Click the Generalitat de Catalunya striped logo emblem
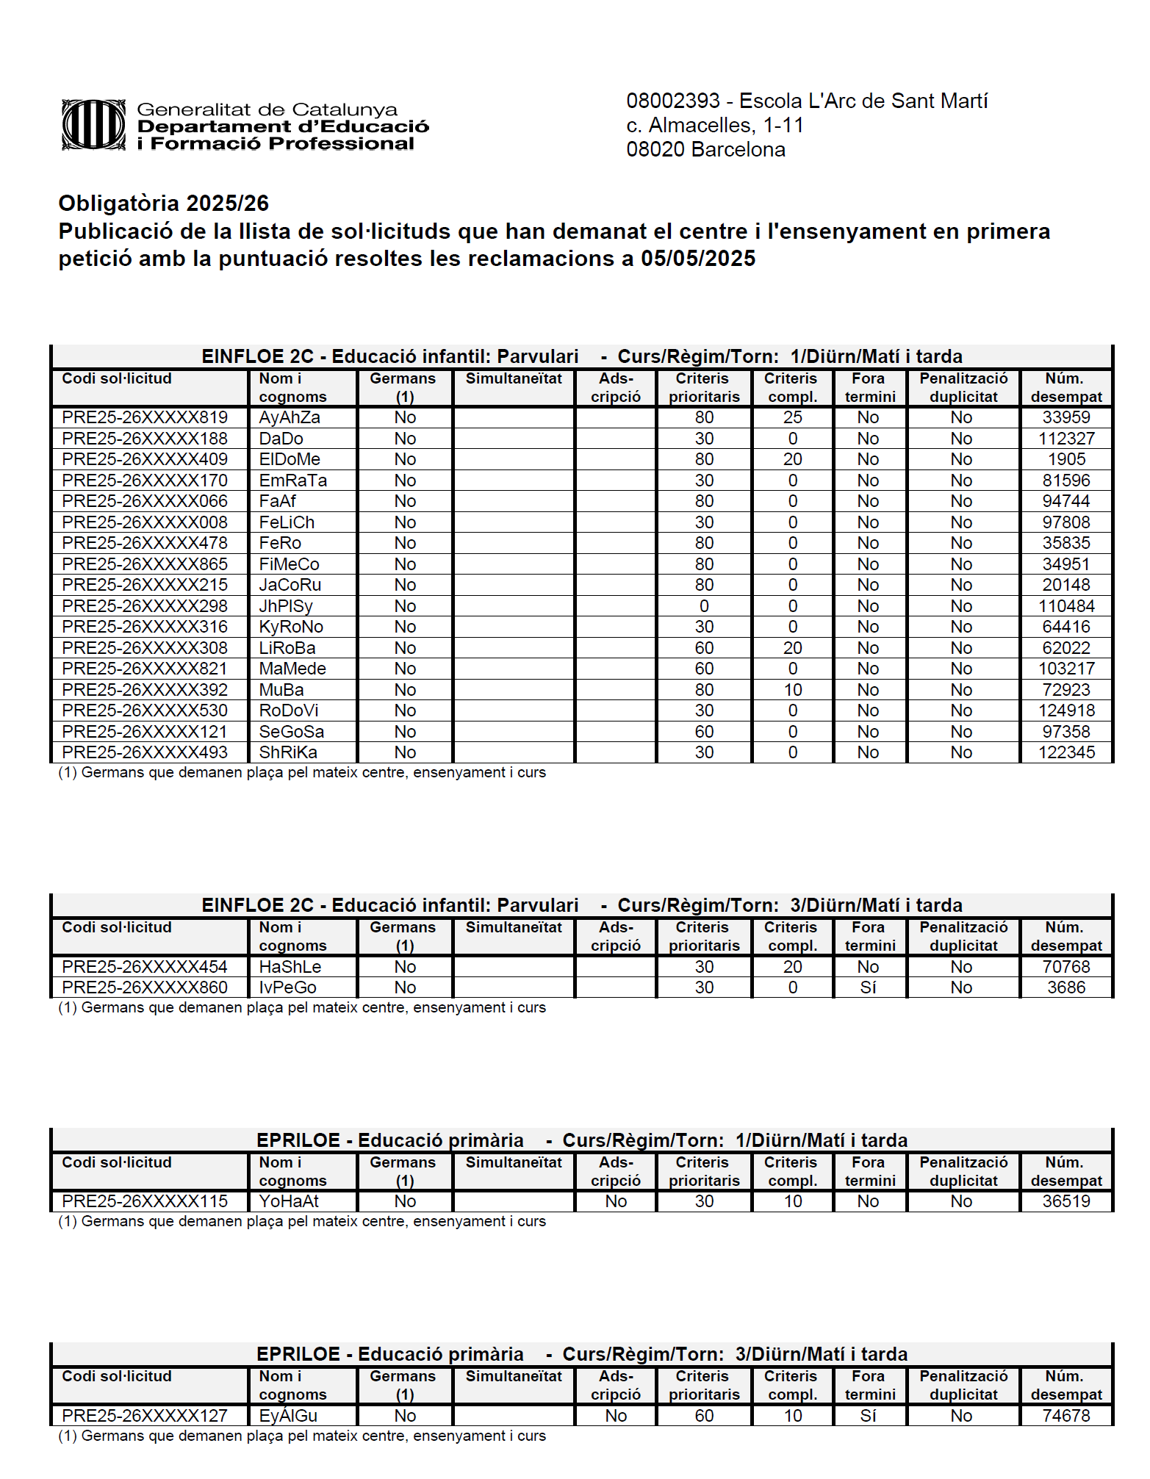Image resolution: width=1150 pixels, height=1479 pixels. [93, 125]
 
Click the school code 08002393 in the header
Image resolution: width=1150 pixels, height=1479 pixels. [672, 101]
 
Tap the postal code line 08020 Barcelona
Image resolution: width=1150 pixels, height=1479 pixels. [705, 150]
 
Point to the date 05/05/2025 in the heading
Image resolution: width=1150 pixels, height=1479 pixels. [697, 259]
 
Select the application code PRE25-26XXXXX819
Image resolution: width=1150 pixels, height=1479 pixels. [145, 417]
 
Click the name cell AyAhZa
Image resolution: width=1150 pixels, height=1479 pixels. [290, 417]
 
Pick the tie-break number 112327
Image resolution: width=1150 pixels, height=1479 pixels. [1066, 439]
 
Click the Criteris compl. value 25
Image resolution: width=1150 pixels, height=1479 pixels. [792, 417]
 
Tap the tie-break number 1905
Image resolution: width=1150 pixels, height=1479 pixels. [1066, 459]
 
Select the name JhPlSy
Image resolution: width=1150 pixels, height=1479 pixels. [286, 606]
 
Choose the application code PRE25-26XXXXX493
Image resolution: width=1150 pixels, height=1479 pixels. [145, 752]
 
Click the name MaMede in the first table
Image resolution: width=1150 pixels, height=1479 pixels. [292, 669]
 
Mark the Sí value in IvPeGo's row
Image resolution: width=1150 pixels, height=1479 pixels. [868, 987]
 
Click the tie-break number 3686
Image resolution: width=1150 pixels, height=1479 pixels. [1066, 987]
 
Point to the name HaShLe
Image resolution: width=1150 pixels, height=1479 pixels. [290, 967]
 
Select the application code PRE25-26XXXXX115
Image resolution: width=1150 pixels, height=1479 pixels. [145, 1201]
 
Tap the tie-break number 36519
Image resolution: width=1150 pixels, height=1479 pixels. [1066, 1201]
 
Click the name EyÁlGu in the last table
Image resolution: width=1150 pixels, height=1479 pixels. [288, 1416]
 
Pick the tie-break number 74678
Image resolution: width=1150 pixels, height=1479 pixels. [1066, 1416]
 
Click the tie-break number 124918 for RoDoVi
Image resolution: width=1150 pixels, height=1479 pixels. [1066, 710]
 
